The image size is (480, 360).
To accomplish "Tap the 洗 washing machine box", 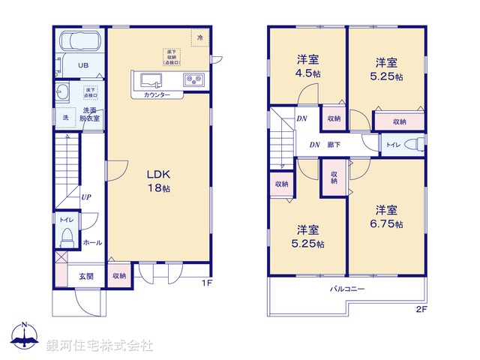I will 65,118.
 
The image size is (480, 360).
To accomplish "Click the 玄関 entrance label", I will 86,276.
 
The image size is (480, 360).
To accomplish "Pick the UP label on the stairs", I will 86,197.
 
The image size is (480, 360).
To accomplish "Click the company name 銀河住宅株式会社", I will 100,346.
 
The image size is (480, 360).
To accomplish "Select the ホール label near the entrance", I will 92,242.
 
